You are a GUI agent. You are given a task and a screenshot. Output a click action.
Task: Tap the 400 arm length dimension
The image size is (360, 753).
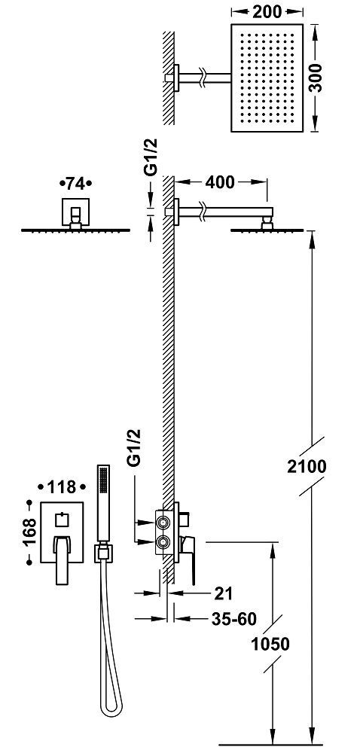pyautogui.click(x=220, y=182)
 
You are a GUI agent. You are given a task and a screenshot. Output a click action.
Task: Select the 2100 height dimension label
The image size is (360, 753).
pyautogui.click(x=307, y=466)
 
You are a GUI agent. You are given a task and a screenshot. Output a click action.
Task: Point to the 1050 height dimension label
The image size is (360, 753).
pyautogui.click(x=270, y=645)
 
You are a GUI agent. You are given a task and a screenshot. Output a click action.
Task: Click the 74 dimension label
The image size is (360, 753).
pyautogui.click(x=75, y=184)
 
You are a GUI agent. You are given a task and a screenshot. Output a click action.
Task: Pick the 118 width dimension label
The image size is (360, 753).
pyautogui.click(x=62, y=487)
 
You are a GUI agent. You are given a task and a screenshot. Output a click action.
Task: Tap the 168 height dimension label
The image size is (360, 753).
pyautogui.click(x=29, y=532)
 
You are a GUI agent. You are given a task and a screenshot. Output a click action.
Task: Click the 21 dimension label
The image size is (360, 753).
pyautogui.click(x=222, y=593)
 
